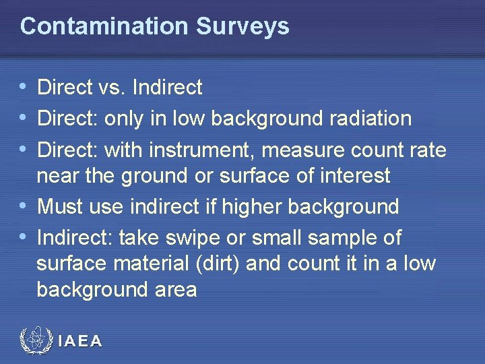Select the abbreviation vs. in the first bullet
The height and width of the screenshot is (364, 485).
[x=109, y=87]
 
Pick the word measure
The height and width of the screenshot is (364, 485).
[x=295, y=149]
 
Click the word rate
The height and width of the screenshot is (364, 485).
[x=426, y=149]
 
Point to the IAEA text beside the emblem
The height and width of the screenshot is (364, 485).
[x=80, y=341]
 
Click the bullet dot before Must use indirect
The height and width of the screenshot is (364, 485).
[x=24, y=206]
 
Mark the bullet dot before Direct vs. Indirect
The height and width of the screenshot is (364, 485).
[x=24, y=87]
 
